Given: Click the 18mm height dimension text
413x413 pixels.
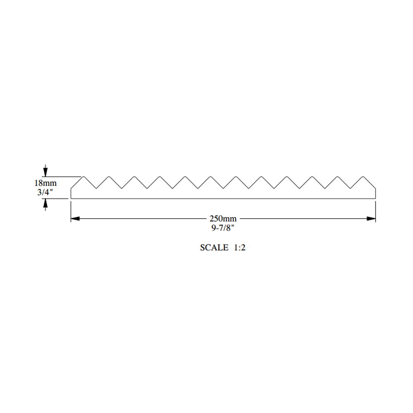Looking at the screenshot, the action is [x=45, y=183].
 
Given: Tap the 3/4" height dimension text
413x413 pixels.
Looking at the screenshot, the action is [x=45, y=192].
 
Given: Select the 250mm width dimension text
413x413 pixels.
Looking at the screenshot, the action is [x=223, y=218].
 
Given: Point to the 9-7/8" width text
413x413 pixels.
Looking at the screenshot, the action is [x=223, y=228].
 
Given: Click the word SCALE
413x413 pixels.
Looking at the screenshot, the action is [x=214, y=247].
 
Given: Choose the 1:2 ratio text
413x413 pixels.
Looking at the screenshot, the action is [x=240, y=247].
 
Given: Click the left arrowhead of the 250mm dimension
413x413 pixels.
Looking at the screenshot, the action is [x=75, y=218].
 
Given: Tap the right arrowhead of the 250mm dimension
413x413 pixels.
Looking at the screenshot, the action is [x=371, y=218].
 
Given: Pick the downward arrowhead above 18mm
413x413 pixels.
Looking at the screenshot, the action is [x=45, y=172].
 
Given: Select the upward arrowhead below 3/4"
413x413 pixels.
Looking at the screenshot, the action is [x=45, y=203].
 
